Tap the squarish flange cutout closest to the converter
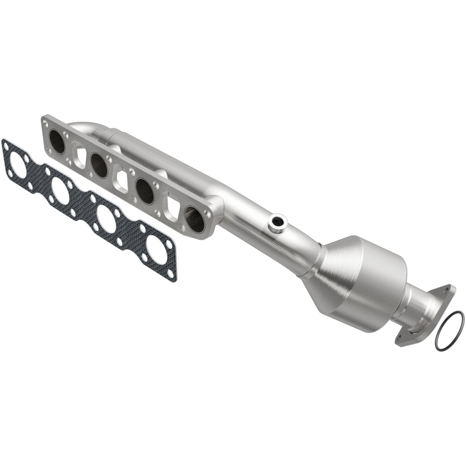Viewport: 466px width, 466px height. [171, 208]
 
